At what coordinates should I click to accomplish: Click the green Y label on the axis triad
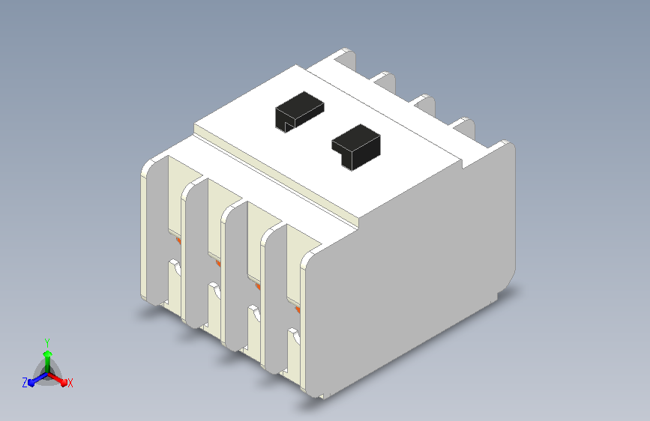pyautogui.click(x=47, y=342)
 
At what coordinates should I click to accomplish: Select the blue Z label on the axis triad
pyautogui.click(x=25, y=383)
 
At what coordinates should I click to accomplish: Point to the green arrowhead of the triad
pyautogui.click(x=48, y=354)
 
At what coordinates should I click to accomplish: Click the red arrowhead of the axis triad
pyautogui.click(x=64, y=382)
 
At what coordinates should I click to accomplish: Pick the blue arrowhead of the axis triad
pyautogui.click(x=32, y=383)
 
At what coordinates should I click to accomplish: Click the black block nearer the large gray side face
pyautogui.click(x=357, y=147)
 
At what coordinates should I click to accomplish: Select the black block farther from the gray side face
pyautogui.click(x=299, y=112)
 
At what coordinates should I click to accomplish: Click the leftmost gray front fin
pyautogui.click(x=157, y=231)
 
